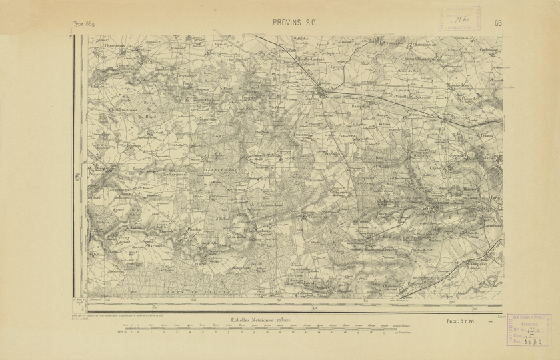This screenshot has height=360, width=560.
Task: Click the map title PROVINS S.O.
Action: click(295, 22)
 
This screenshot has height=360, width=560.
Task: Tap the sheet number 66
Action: click(498, 22)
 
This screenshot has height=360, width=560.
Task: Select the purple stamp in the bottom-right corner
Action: click(529, 329)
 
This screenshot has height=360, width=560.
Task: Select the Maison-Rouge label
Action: click(477, 84)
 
